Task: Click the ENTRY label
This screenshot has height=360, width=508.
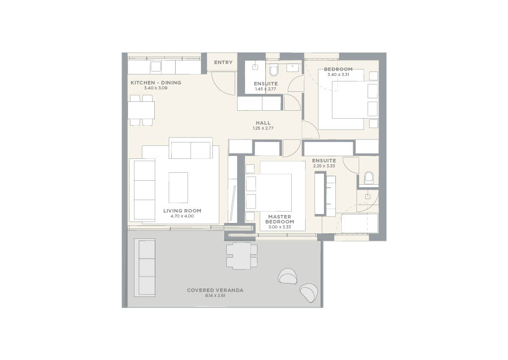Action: click(x=223, y=63)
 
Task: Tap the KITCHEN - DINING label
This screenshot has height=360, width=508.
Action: click(x=156, y=83)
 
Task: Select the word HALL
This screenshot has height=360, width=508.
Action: click(x=263, y=123)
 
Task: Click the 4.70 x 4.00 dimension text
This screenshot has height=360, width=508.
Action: click(x=182, y=216)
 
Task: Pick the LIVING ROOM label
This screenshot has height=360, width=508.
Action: click(x=182, y=211)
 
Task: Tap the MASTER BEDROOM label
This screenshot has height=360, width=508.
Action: click(x=280, y=219)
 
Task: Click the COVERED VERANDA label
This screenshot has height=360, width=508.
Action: click(x=215, y=290)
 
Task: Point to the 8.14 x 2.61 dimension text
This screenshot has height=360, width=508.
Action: click(x=215, y=295)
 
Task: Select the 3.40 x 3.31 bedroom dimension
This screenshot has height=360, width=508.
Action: click(x=339, y=74)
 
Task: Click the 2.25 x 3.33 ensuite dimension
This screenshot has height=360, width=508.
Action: click(x=324, y=166)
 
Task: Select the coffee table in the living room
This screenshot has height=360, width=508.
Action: click(x=178, y=187)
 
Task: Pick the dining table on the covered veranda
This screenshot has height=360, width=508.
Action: click(x=242, y=256)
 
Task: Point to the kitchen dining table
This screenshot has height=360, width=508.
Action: click(x=141, y=110)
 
